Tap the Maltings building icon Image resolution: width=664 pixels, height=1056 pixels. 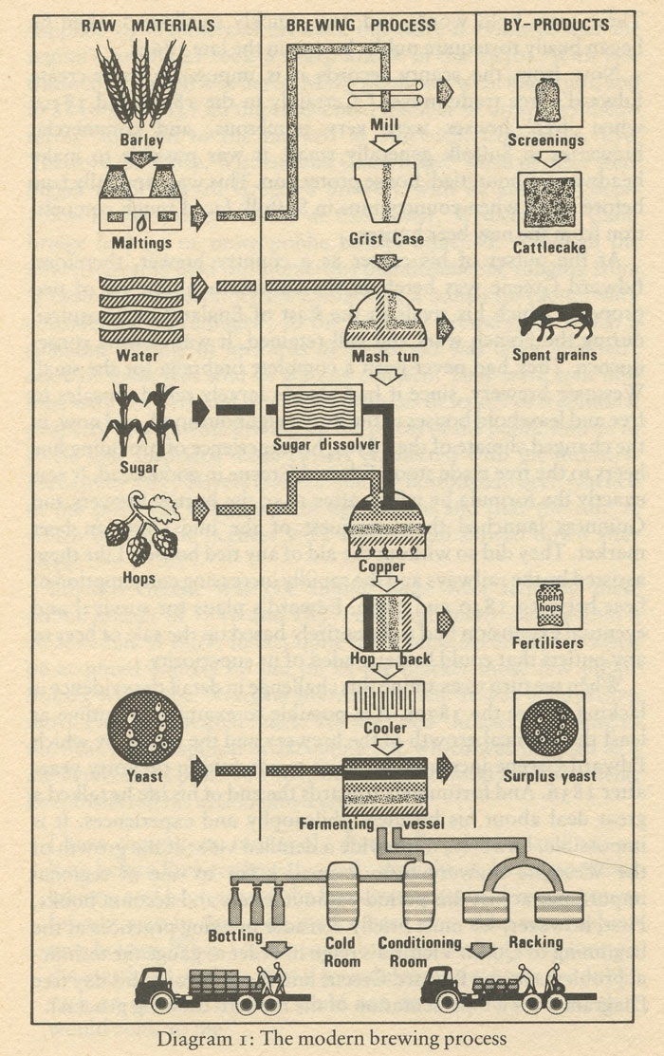click(x=140, y=200)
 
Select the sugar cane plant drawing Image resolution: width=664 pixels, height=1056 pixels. click(x=140, y=417)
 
